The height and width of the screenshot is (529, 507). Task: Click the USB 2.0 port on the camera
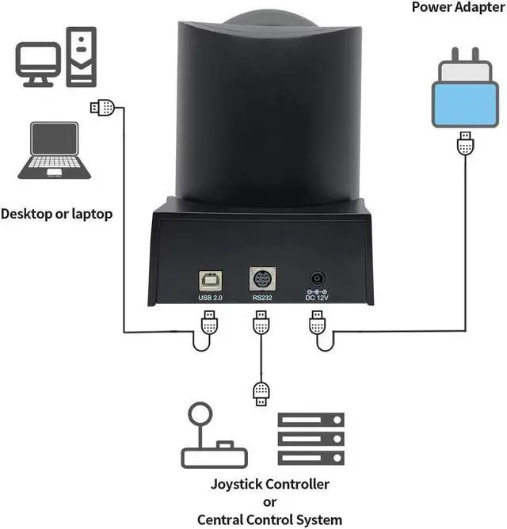(x=210, y=281)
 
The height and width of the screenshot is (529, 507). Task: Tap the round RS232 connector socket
(x=261, y=281)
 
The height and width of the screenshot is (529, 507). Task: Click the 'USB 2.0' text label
(x=210, y=298)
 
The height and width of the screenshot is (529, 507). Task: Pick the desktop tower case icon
(x=81, y=55)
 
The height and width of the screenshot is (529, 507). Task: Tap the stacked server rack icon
(x=310, y=440)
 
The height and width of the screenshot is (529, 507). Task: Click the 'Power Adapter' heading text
(x=457, y=7)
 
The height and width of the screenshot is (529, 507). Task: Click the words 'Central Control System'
(x=269, y=519)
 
